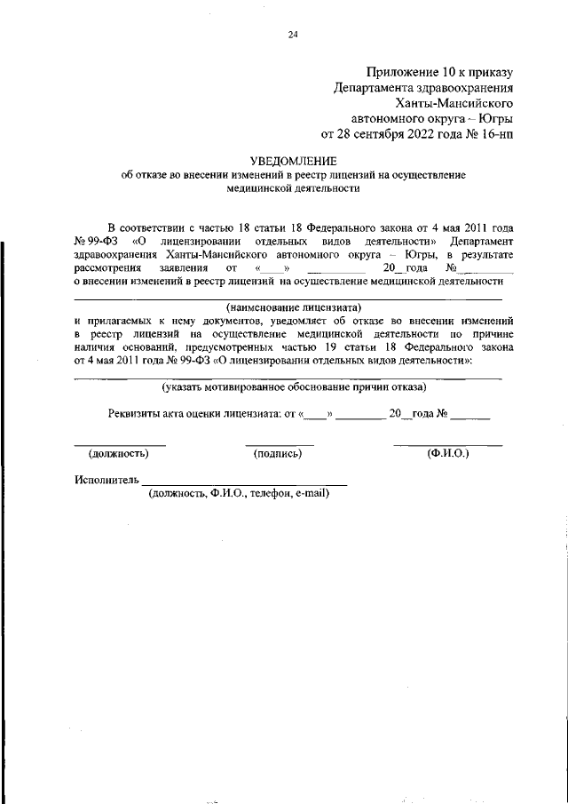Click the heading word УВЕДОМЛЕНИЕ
(x=293, y=161)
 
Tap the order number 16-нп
(x=493, y=135)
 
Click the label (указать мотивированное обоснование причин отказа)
(x=293, y=387)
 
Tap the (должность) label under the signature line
(x=118, y=453)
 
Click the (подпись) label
(x=278, y=453)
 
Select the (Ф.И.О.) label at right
(x=447, y=453)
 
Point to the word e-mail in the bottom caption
(x=310, y=494)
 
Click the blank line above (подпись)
(x=279, y=444)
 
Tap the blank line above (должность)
(x=119, y=444)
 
